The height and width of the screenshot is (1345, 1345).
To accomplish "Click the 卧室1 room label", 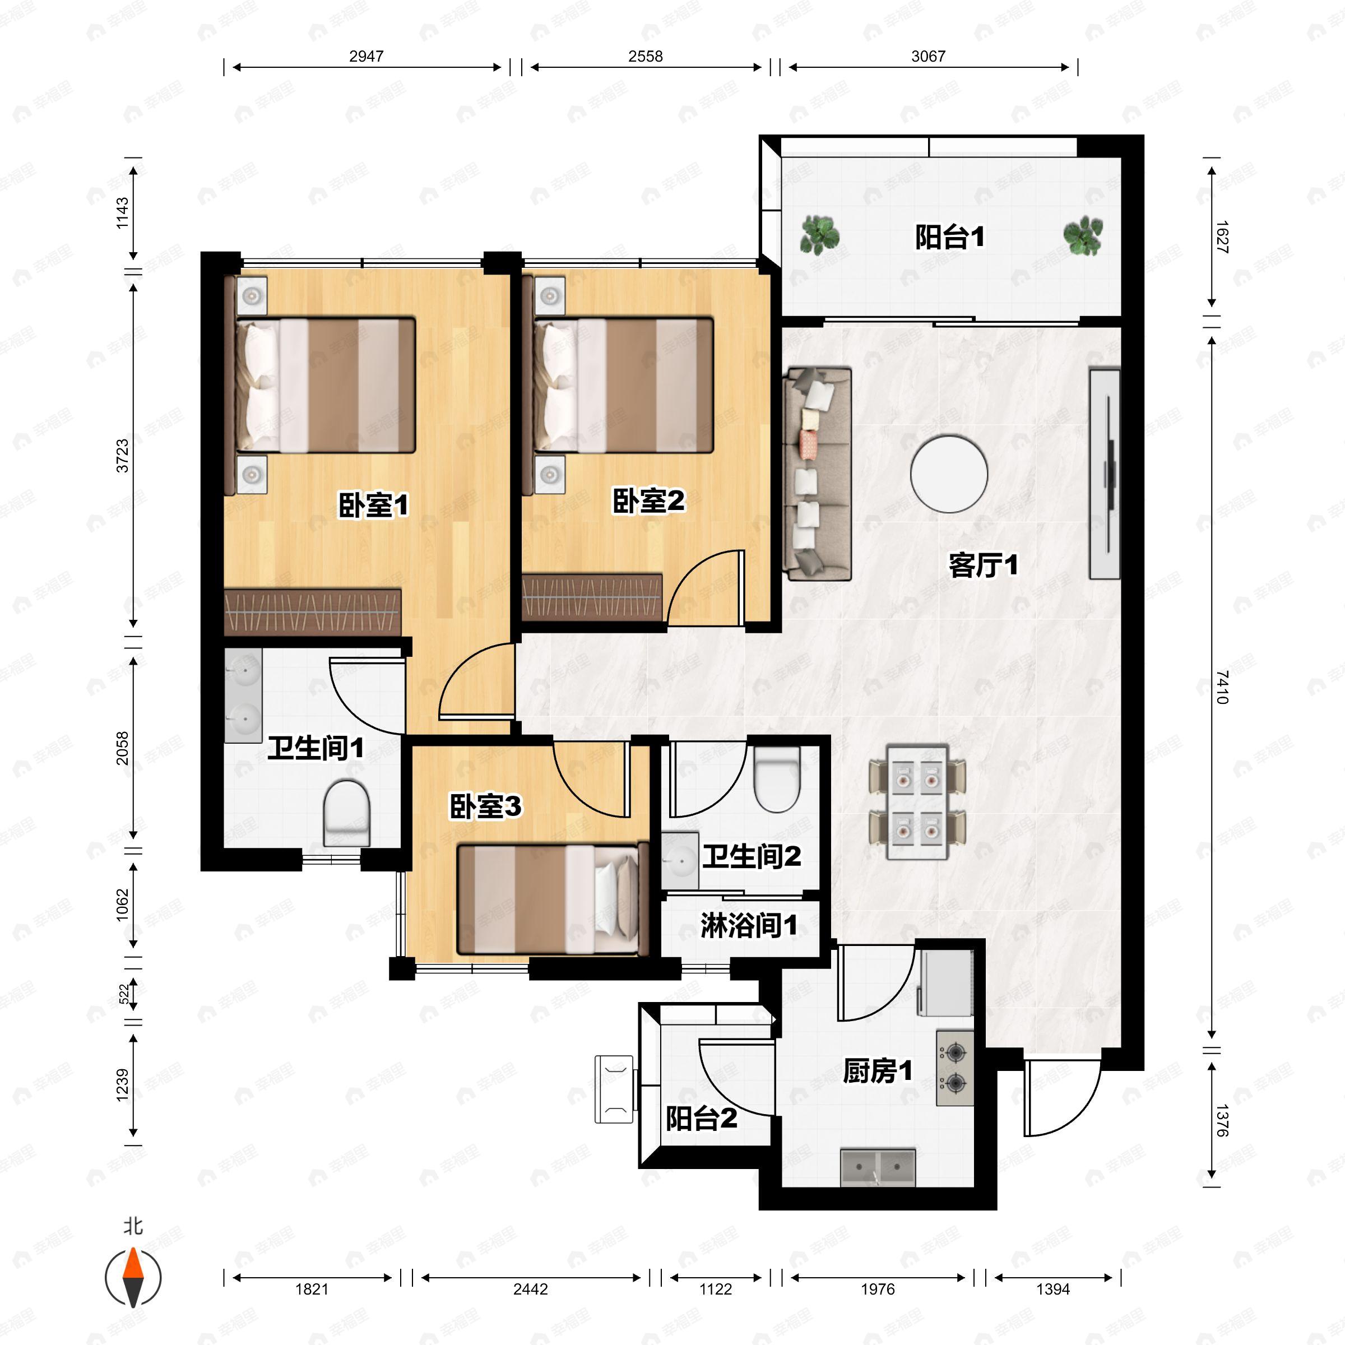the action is pyautogui.click(x=373, y=505).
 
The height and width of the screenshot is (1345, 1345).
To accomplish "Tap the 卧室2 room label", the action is pyautogui.click(x=648, y=501).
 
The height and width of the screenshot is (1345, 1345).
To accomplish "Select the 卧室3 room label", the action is pyautogui.click(x=485, y=807).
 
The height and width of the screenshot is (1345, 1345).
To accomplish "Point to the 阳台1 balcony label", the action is pyautogui.click(x=949, y=238).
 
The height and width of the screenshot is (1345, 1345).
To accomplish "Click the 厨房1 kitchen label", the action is pyautogui.click(x=877, y=1071).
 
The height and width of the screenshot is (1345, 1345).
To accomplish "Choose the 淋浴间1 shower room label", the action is pyautogui.click(x=748, y=926).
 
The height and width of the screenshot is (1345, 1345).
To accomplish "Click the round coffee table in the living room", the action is pyautogui.click(x=949, y=474).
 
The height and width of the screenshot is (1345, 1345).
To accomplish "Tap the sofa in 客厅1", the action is pyautogui.click(x=818, y=474).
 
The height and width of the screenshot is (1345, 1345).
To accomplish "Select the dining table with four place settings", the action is pyautogui.click(x=917, y=803).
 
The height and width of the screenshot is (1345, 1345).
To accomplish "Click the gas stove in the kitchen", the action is pyautogui.click(x=954, y=1068).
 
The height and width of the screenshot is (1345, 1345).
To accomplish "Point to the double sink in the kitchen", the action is pyautogui.click(x=878, y=1167).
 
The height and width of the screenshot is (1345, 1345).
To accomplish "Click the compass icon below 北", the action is pyautogui.click(x=133, y=1278).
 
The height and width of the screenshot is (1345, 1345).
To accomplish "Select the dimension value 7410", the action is pyautogui.click(x=1222, y=687).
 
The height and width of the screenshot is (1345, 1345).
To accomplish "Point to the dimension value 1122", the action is pyautogui.click(x=715, y=1290).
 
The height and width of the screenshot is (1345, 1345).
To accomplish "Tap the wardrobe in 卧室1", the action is pyautogui.click(x=313, y=612).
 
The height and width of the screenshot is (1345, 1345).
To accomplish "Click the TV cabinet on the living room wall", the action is pyautogui.click(x=1105, y=474).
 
